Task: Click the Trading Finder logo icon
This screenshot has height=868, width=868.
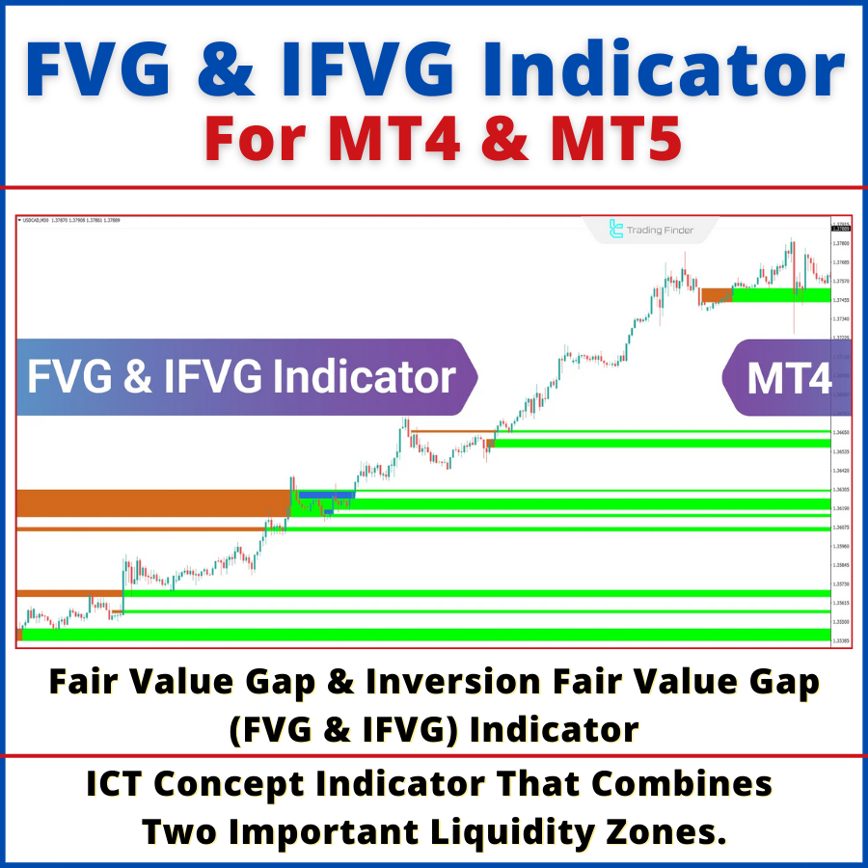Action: (x=616, y=230)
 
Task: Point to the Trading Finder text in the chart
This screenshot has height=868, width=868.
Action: (x=660, y=231)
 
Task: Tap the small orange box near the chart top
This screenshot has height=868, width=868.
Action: (x=717, y=294)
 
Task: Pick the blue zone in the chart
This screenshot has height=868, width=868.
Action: (x=326, y=495)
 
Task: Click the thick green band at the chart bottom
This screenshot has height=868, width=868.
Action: (x=424, y=635)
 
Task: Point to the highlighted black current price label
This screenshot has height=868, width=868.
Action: (x=841, y=230)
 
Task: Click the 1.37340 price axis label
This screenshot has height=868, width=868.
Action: (x=841, y=318)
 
